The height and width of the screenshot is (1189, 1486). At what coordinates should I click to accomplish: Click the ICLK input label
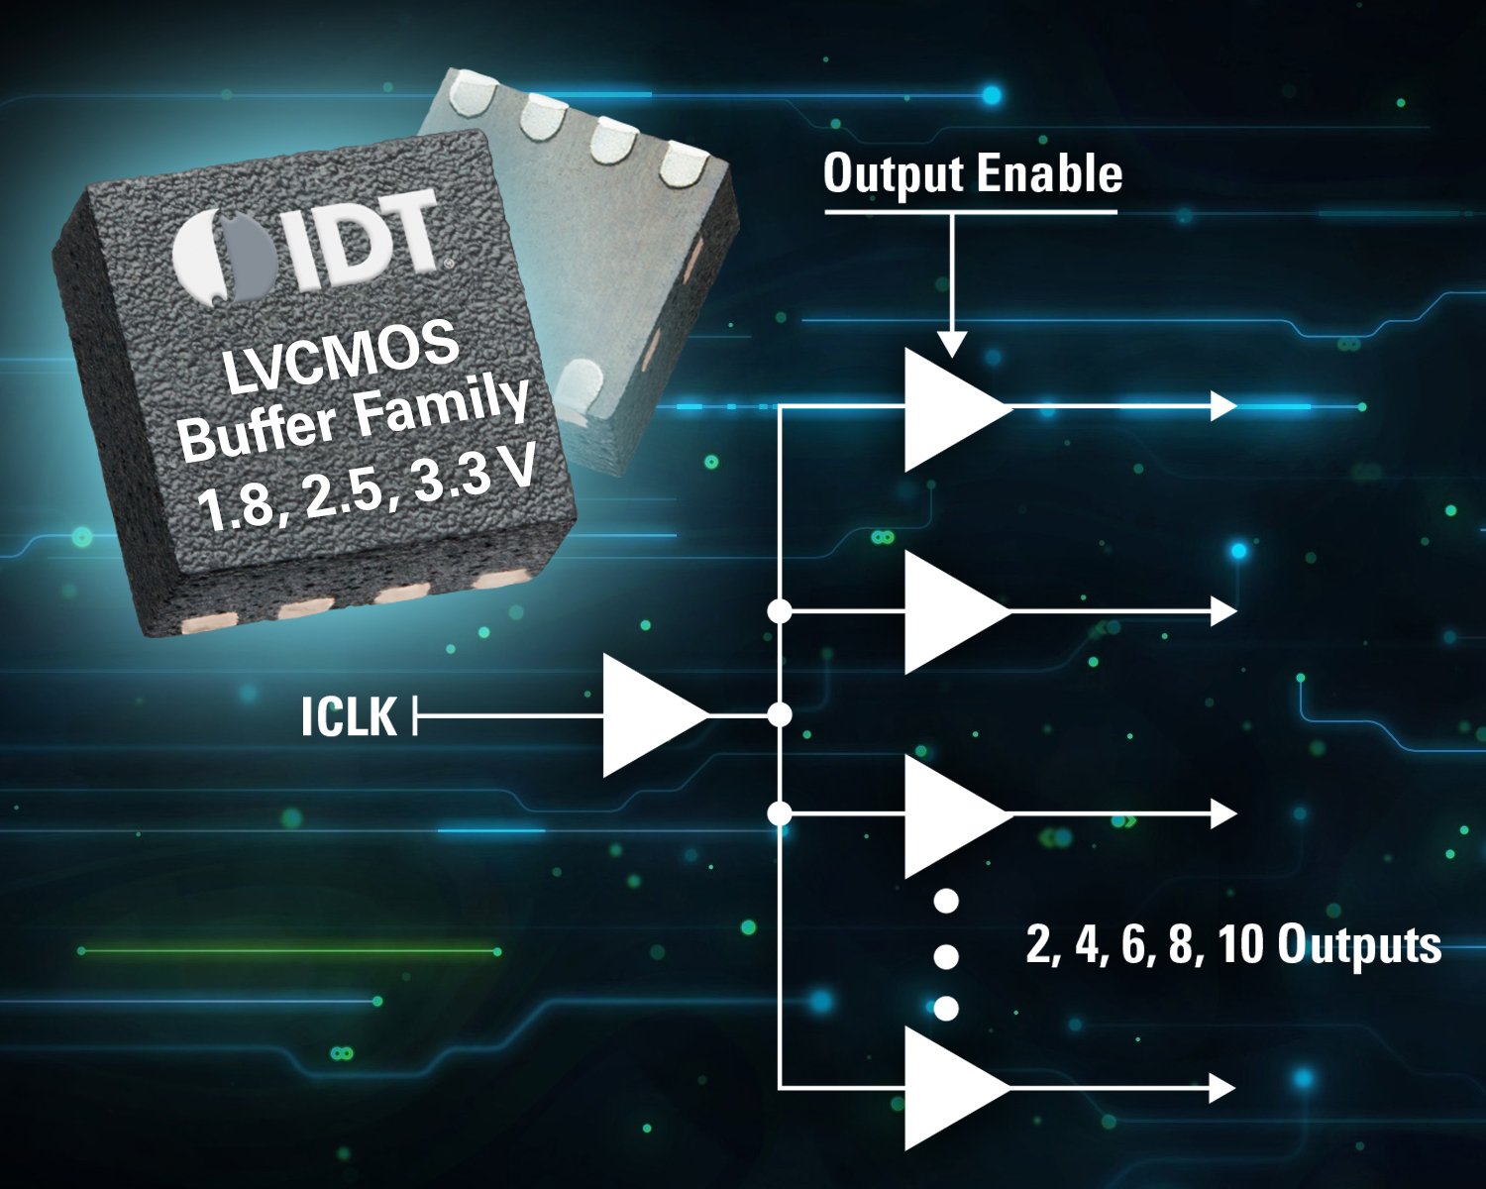(348, 716)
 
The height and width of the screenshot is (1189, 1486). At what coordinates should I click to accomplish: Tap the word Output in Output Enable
(893, 174)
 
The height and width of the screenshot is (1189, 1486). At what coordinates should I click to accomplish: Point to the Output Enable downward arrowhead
(951, 343)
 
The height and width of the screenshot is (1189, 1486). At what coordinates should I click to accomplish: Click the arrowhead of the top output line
(1224, 406)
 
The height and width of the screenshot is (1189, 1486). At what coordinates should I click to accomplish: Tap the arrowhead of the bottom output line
(1224, 1088)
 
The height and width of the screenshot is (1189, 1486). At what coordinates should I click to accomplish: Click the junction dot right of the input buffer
(781, 714)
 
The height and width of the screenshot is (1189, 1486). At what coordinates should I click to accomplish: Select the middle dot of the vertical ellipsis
(946, 956)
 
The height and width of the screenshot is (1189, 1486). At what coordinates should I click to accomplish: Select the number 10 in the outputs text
(1240, 944)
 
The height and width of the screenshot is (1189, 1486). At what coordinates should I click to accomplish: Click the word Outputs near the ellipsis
(1358, 944)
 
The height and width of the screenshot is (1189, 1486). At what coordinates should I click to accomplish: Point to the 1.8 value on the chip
(234, 508)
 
